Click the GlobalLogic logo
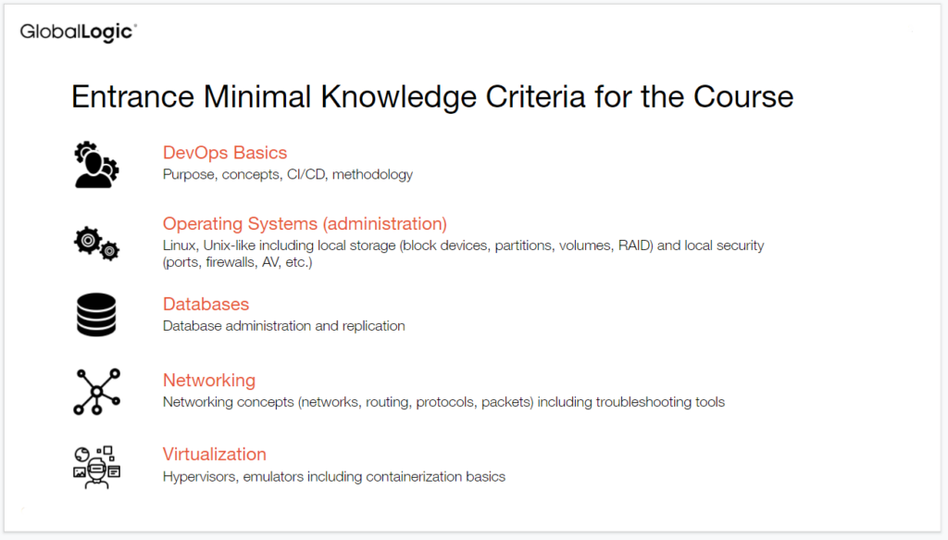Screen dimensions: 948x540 tap(79, 32)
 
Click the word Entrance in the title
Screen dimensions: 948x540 tap(133, 96)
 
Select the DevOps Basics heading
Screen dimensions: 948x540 tap(225, 153)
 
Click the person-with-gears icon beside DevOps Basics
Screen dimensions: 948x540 tap(96, 165)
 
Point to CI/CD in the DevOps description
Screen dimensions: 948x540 tap(306, 175)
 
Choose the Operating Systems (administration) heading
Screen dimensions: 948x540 tap(305, 224)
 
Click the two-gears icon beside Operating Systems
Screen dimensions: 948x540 tap(96, 244)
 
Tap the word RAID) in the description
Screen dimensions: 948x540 tap(635, 245)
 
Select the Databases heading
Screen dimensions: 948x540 tap(206, 304)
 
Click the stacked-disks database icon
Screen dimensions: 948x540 tap(96, 315)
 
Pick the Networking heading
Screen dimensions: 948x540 tap(209, 381)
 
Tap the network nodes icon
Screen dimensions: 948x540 tap(96, 392)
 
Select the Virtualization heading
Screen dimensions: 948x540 tap(215, 454)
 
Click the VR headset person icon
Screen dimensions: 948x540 tap(96, 467)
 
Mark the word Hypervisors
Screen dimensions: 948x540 tap(201, 477)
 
